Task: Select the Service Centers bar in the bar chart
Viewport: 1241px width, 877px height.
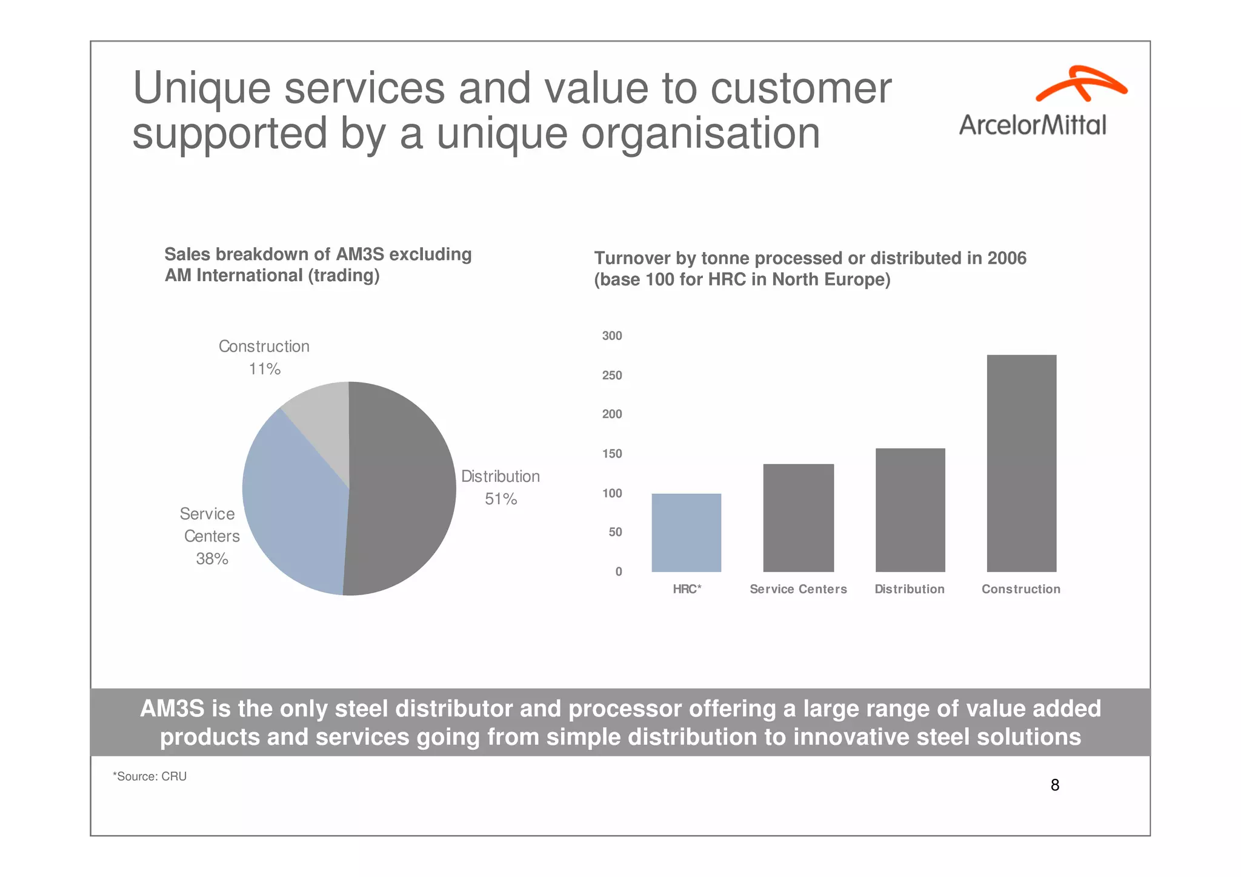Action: (x=798, y=518)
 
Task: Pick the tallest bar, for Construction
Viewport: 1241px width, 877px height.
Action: (x=1021, y=463)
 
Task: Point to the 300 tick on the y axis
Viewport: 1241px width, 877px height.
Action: (x=611, y=336)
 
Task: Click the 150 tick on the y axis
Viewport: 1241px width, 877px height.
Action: (x=611, y=454)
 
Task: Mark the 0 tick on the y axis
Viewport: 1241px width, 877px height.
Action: (x=618, y=572)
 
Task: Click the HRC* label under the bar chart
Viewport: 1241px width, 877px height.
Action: (x=687, y=589)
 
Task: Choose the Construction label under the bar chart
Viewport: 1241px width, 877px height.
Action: (x=1020, y=589)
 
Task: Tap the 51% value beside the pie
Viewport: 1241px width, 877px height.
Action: (x=501, y=499)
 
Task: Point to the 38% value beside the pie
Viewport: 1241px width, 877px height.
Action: (x=212, y=559)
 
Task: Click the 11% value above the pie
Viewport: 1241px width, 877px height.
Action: (x=265, y=369)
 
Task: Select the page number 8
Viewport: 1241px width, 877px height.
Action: (x=1054, y=785)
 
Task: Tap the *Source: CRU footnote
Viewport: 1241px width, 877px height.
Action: (x=150, y=776)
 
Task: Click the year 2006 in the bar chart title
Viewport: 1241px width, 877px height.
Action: (x=1006, y=258)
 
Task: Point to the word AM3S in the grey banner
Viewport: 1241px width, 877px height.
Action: (x=172, y=709)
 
